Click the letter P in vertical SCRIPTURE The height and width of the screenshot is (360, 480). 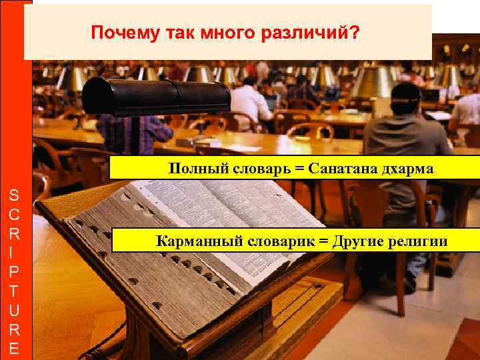pyautogui.click(x=15, y=273)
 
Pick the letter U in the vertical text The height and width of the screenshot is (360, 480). pyautogui.click(x=15, y=310)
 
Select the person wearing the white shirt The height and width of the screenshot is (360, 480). pyautogui.click(x=250, y=103)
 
